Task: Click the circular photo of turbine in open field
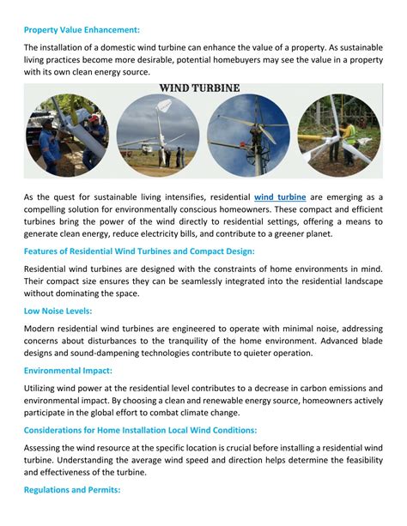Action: pos(158,136)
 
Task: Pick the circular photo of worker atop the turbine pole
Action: pos(248,136)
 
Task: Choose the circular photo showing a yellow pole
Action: pos(338,136)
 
